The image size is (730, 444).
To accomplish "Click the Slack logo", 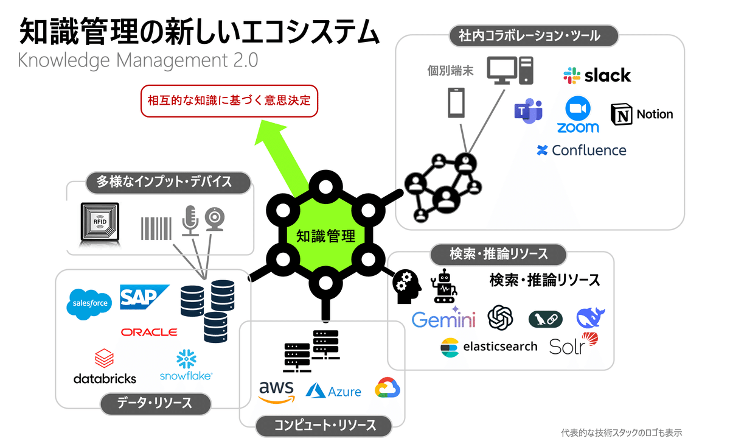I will pyautogui.click(x=597, y=76).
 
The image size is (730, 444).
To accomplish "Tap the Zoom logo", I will pyautogui.click(x=578, y=115).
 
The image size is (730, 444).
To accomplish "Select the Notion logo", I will pyautogui.click(x=642, y=114).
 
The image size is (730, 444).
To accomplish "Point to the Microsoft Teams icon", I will pyautogui.click(x=527, y=110).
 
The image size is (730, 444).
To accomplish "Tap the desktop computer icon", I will pyautogui.click(x=510, y=70).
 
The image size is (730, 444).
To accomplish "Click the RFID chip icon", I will pyautogui.click(x=100, y=222).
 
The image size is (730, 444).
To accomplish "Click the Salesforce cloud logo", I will pyautogui.click(x=89, y=303).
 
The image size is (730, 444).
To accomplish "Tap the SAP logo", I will pyautogui.click(x=144, y=297).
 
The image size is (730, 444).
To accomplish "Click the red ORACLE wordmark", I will pyautogui.click(x=149, y=332).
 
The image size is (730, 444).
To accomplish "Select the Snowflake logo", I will pyautogui.click(x=186, y=365).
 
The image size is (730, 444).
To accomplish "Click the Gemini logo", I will pyautogui.click(x=443, y=319).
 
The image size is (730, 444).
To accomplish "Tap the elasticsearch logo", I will pyautogui.click(x=489, y=347).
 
